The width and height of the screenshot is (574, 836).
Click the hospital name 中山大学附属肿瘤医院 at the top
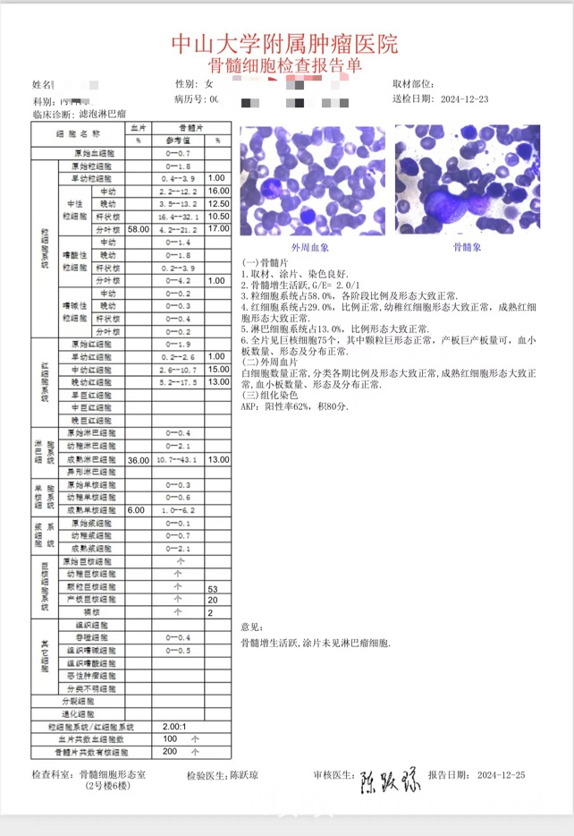click(x=285, y=43)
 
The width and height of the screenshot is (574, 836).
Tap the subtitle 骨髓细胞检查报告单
click(x=285, y=65)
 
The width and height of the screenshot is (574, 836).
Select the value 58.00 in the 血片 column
click(x=139, y=229)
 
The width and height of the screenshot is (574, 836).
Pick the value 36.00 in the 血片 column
click(x=139, y=459)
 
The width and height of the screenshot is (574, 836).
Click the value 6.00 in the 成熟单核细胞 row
click(x=137, y=509)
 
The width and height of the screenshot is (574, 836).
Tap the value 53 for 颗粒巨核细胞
click(x=213, y=589)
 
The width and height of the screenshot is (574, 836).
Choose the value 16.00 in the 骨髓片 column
click(x=218, y=192)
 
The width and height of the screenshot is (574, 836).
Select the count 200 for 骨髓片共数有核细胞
click(x=170, y=752)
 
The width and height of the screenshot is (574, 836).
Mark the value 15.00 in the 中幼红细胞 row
click(x=218, y=369)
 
